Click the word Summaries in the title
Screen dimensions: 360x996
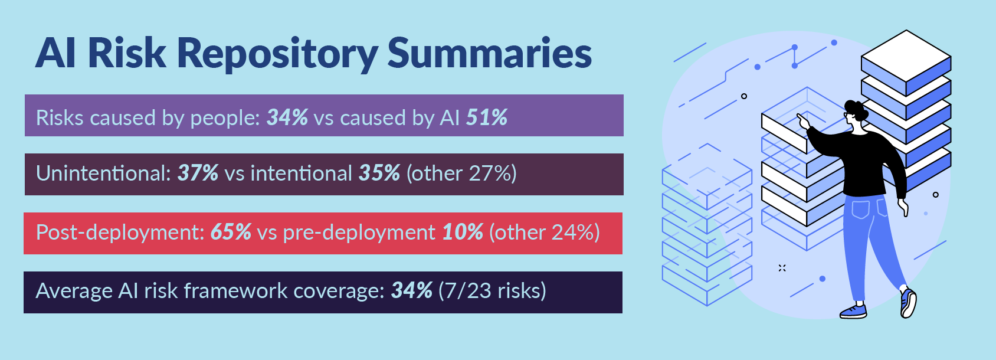click(489, 53)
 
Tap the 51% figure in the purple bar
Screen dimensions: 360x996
click(487, 117)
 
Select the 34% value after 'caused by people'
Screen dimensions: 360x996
click(287, 117)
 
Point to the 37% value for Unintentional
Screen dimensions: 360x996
click(198, 174)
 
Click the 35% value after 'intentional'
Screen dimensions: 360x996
click(379, 174)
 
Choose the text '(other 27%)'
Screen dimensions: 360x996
click(461, 174)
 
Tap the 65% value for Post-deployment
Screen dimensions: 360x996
click(231, 233)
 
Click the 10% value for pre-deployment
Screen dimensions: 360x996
click(463, 233)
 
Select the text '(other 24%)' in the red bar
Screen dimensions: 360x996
click(544, 233)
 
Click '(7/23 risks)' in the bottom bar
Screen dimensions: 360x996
click(492, 291)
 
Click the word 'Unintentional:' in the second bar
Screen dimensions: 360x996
click(104, 174)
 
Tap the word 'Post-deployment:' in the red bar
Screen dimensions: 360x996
click(120, 233)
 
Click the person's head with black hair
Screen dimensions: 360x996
click(856, 112)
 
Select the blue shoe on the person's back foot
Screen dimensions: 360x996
click(853, 311)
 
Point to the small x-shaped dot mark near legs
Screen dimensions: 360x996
click(782, 268)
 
